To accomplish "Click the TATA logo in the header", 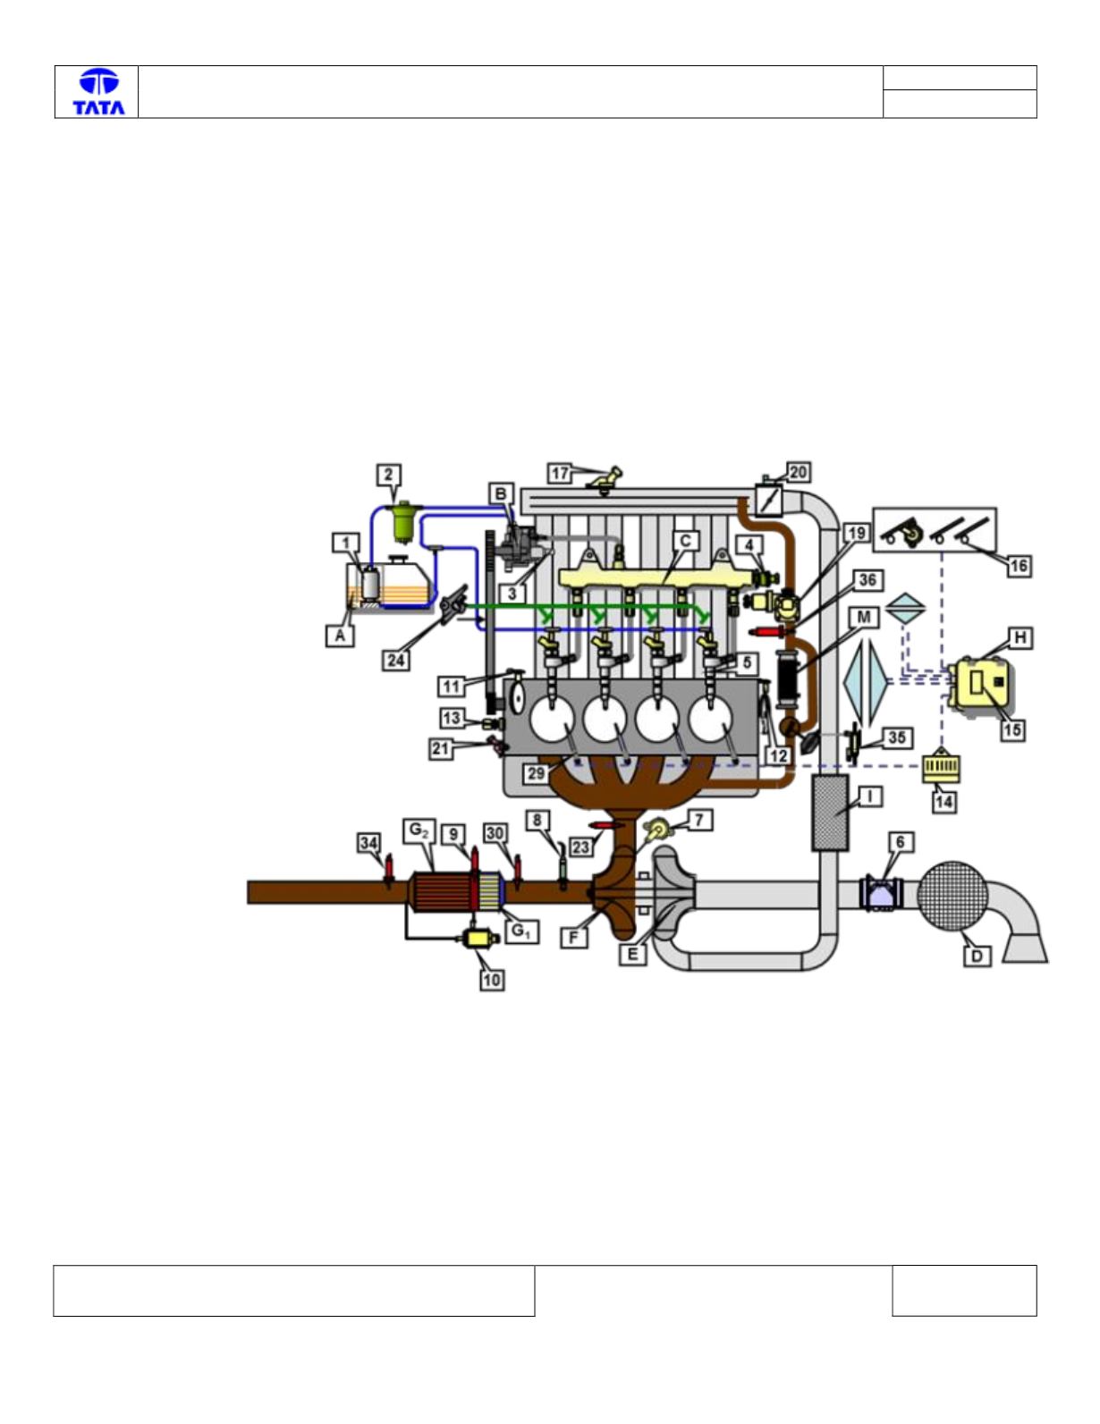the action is click(x=99, y=92).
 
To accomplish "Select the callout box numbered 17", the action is click(x=559, y=473).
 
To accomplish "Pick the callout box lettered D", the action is click(x=977, y=956).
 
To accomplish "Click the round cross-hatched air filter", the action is click(x=952, y=897).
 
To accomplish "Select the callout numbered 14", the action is click(x=943, y=802).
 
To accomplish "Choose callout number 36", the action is click(x=867, y=580).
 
